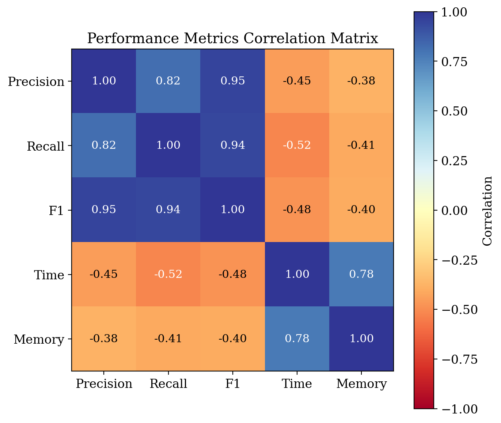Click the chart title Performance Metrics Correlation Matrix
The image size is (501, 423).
pyautogui.click(x=232, y=38)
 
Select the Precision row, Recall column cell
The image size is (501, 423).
pyautogui.click(x=168, y=81)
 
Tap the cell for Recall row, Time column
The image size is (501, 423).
pyautogui.click(x=297, y=145)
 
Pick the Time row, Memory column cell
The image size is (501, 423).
pyautogui.click(x=361, y=274)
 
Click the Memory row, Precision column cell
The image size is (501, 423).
pyautogui.click(x=104, y=339)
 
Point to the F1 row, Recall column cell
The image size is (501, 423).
pyautogui.click(x=168, y=209)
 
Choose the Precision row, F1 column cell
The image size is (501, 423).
pyautogui.click(x=232, y=81)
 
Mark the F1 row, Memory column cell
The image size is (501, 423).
pyautogui.click(x=361, y=209)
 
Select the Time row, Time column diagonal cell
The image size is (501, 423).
pyautogui.click(x=297, y=274)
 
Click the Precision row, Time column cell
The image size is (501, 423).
pyautogui.click(x=297, y=81)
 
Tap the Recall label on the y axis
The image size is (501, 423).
pyautogui.click(x=46, y=147)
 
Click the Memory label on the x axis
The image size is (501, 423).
pyautogui.click(x=361, y=384)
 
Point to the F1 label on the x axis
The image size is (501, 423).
pyautogui.click(x=232, y=384)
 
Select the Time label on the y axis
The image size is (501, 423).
pyautogui.click(x=49, y=275)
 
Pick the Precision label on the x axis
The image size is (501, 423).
pyautogui.click(x=104, y=384)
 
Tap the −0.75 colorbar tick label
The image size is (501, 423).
pyautogui.click(x=459, y=359)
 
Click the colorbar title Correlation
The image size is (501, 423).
pyautogui.click(x=487, y=211)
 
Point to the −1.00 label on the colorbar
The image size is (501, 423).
pyautogui.click(x=459, y=409)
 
